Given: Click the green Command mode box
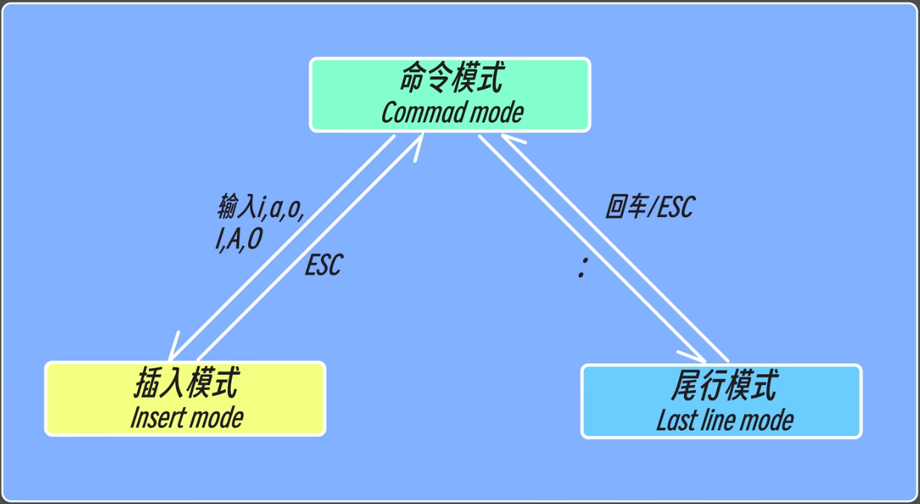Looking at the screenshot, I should (450, 95).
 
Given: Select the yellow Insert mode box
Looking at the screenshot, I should (185, 399).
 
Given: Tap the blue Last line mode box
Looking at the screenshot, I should (720, 401).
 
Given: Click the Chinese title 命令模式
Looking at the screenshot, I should (451, 78).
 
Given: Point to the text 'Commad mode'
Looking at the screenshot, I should (452, 113).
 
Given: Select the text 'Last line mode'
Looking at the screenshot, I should (724, 420).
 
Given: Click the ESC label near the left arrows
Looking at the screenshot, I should (323, 265).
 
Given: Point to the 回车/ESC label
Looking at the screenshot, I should (649, 207).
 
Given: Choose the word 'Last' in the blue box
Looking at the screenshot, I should (674, 420).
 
